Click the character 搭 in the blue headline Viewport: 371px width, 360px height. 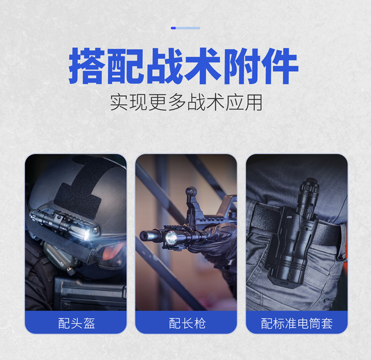(x=87, y=66)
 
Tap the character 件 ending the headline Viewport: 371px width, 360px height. (x=279, y=66)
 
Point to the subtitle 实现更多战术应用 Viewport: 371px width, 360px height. (x=186, y=102)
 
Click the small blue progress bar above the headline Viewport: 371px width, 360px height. (x=185, y=28)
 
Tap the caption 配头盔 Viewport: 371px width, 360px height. (x=76, y=323)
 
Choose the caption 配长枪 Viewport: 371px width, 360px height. (x=187, y=323)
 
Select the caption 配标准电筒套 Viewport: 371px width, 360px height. (x=297, y=323)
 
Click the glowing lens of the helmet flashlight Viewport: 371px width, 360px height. (x=87, y=235)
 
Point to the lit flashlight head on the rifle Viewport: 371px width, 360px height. (x=171, y=237)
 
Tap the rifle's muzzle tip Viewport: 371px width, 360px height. (x=142, y=235)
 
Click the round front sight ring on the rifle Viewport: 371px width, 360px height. (x=190, y=191)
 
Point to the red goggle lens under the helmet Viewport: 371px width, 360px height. (x=113, y=251)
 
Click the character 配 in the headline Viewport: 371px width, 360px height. (x=126, y=66)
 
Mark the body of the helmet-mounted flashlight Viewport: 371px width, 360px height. (x=59, y=223)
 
